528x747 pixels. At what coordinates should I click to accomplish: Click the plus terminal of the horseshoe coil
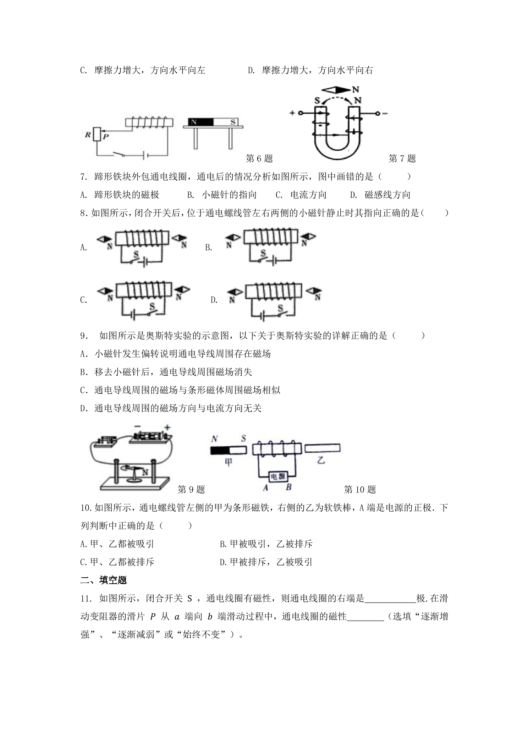300,113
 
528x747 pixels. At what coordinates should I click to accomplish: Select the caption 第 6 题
259,158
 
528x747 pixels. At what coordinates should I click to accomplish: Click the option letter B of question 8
208,247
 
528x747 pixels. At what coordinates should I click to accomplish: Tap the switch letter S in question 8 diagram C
152,306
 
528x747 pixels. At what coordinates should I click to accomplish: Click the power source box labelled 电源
277,476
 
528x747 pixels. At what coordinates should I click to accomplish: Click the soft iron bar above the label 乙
322,448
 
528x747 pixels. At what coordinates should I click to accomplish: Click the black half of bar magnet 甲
220,450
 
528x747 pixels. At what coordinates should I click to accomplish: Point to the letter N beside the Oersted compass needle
145,472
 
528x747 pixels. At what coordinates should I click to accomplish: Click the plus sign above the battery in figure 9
167,428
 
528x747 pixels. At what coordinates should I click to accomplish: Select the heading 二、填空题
104,580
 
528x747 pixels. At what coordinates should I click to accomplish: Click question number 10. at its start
87,508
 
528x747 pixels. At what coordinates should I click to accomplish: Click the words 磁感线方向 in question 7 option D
387,195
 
